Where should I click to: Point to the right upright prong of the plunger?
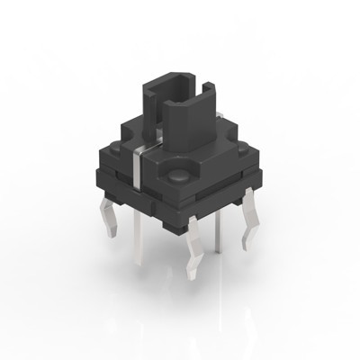coord(213,99)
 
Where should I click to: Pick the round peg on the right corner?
coord(237,153)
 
